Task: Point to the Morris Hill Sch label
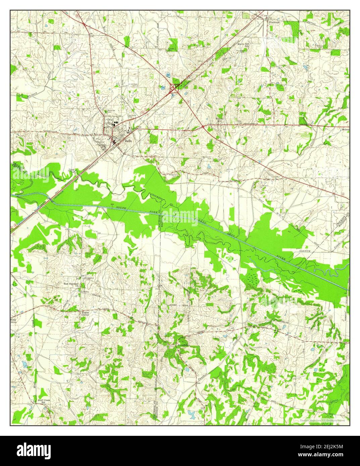pos(244,46)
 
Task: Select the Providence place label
pos(184,345)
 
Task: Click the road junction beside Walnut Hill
pos(203,126)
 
